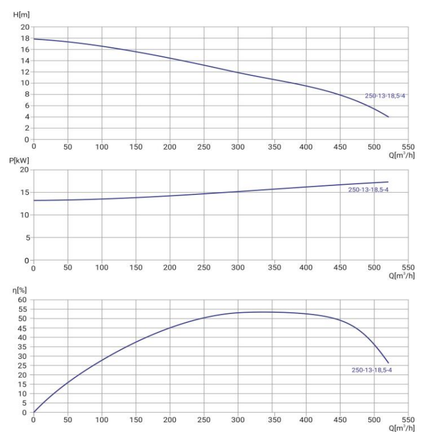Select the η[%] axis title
(x=20, y=290)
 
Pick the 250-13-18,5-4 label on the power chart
(x=368, y=190)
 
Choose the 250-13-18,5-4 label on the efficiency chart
(x=371, y=370)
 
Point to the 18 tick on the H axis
(x=25, y=38)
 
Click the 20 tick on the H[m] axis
(x=25, y=27)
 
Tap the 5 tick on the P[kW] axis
(x=26, y=237)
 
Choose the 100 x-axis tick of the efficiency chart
(x=102, y=420)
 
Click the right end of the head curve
(x=388, y=117)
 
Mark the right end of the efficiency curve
(x=388, y=362)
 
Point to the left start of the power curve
(x=34, y=200)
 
